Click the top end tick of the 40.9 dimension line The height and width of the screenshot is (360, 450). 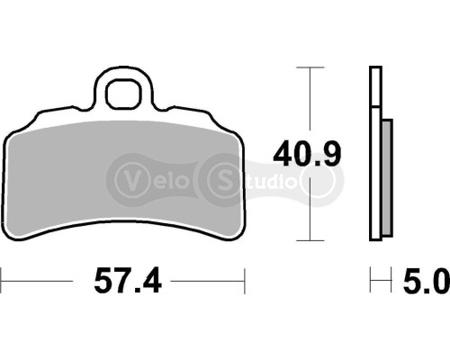(x=310, y=67)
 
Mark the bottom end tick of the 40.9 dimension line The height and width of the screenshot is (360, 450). (x=310, y=240)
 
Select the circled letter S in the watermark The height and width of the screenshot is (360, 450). (x=222, y=176)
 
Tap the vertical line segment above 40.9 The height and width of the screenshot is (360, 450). (x=310, y=99)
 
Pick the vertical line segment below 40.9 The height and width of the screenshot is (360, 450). (x=310, y=211)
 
